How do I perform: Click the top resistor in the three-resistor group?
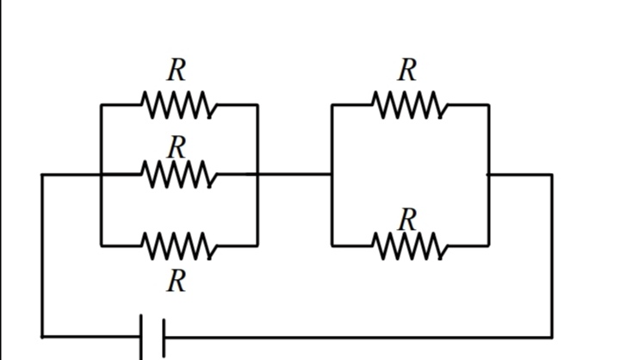pos(179,105)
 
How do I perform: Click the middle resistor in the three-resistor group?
pos(179,174)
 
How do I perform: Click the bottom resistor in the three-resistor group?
pos(179,246)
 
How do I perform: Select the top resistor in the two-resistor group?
pos(411,105)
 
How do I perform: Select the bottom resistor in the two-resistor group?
pos(411,246)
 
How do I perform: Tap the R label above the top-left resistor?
pos(177,70)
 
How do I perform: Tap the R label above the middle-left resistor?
pos(177,146)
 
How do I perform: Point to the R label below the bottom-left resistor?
pos(177,282)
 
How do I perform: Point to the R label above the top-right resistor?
pos(407,70)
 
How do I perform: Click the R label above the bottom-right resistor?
pos(407,219)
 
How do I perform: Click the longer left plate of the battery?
pos(141,337)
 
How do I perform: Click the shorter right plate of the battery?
pos(164,338)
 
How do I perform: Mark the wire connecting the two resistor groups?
pos(294,174)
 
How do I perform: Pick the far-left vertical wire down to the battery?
pos(42,256)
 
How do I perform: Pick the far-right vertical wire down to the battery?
pos(552,256)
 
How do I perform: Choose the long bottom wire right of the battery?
pos(358,338)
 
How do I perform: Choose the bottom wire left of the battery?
pos(91,337)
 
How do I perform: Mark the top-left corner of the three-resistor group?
pos(102,105)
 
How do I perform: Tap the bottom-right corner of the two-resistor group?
pos(489,246)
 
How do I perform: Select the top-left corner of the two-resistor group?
pos(332,105)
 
